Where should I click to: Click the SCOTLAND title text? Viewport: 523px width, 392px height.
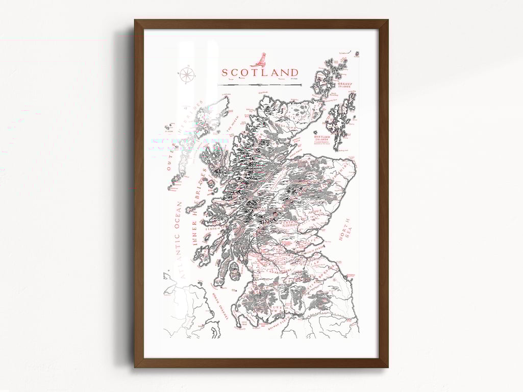[260, 72]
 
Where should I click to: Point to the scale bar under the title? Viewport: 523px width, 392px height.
[260, 84]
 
